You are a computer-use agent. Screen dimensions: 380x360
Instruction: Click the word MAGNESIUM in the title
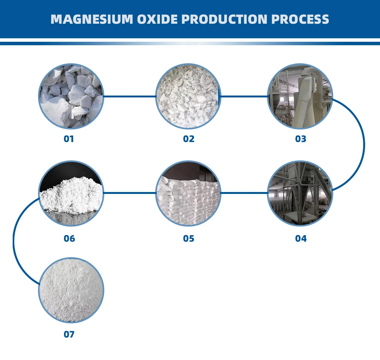pyautogui.click(x=92, y=19)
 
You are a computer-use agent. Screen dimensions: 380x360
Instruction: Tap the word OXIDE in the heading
pyautogui.click(x=157, y=19)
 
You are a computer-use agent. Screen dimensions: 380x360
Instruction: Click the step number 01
pyautogui.click(x=69, y=139)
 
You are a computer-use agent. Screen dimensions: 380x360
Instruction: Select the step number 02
pyautogui.click(x=189, y=139)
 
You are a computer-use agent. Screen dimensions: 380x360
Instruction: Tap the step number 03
pyautogui.click(x=301, y=139)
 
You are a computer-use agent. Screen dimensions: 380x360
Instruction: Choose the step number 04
pyautogui.click(x=301, y=239)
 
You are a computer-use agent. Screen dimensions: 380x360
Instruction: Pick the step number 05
pyautogui.click(x=189, y=239)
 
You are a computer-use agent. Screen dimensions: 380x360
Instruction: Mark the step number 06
pyautogui.click(x=69, y=239)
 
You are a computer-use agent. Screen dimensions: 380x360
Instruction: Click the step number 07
pyautogui.click(x=69, y=334)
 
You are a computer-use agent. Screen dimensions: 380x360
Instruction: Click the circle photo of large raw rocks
pyautogui.click(x=71, y=96)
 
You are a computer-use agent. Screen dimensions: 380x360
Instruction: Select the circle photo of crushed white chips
pyautogui.click(x=188, y=96)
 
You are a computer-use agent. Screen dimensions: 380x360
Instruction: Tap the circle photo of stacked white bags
pyautogui.click(x=188, y=193)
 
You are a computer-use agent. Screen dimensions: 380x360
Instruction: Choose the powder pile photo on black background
pyautogui.click(x=71, y=193)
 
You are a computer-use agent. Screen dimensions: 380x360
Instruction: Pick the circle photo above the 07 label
pyautogui.click(x=71, y=290)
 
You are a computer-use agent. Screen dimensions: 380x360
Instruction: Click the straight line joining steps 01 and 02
pyautogui.click(x=130, y=96)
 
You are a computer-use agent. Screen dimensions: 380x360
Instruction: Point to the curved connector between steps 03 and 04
pyautogui.click(x=364, y=145)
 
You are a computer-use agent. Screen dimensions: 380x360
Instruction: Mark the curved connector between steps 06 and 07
pyautogui.click(x=13, y=242)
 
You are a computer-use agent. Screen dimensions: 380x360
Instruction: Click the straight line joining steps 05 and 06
pyautogui.click(x=130, y=193)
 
